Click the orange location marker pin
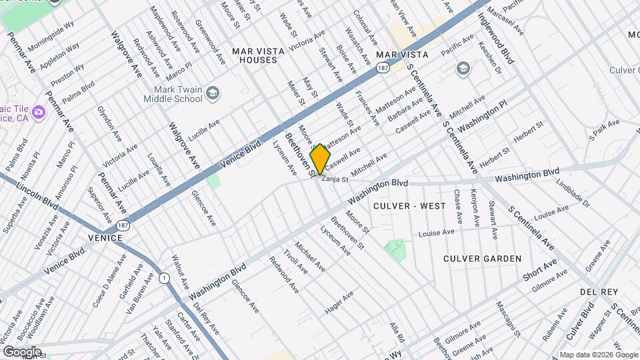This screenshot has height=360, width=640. point(321,159)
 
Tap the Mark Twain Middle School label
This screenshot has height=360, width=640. point(173,94)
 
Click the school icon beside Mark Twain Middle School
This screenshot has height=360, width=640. point(213,93)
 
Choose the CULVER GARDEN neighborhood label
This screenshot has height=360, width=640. point(483,258)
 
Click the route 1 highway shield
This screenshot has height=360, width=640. point(164,277)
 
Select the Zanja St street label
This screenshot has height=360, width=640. point(335,179)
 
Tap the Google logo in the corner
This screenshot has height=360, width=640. point(22,351)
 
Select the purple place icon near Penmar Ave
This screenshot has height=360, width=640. point(38,111)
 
